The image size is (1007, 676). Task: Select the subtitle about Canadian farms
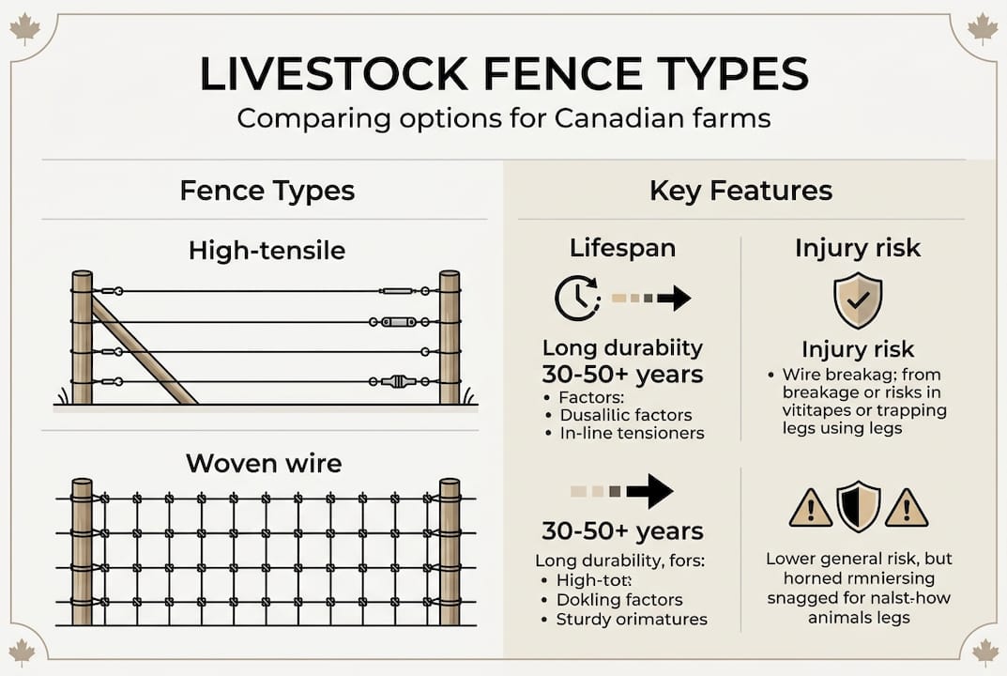(x=503, y=119)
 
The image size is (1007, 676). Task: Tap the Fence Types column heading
(x=267, y=192)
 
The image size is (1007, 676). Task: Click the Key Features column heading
(x=740, y=192)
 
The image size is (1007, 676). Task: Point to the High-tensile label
(x=267, y=250)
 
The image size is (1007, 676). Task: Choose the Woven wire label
(x=264, y=463)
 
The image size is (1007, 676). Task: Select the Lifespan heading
(x=622, y=248)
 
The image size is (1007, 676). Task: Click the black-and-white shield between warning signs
(x=858, y=506)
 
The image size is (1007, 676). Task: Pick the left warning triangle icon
(x=810, y=508)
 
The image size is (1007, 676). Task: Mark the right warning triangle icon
(x=906, y=508)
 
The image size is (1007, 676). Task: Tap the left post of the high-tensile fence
(x=83, y=337)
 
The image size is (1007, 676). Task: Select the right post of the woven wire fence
(x=450, y=551)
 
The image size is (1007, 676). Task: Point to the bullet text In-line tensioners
(x=632, y=433)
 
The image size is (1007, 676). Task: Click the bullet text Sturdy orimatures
(x=632, y=619)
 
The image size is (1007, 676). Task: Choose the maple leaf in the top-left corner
(x=24, y=28)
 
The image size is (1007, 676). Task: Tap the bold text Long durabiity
(x=622, y=347)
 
